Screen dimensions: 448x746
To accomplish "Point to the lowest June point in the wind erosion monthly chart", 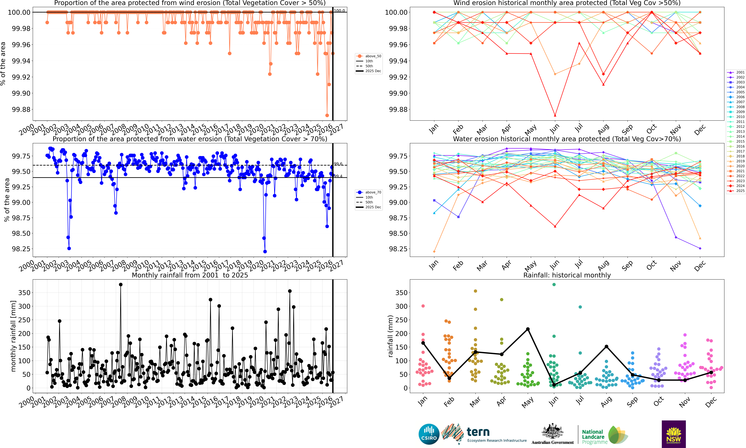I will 555,115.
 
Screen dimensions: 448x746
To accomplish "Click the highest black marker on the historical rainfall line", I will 528,329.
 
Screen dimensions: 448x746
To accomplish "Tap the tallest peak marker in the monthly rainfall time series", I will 121,284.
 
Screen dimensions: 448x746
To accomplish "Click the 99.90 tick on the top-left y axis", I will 21,93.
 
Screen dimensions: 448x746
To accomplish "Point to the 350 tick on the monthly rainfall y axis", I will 24,293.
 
